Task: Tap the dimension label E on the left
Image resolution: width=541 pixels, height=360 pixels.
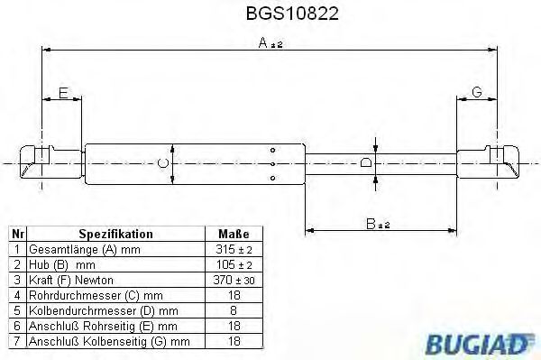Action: pyautogui.click(x=62, y=92)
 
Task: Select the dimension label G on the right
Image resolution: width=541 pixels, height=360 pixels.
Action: pyautogui.click(x=477, y=92)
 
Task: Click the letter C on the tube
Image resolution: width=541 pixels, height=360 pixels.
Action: pyautogui.click(x=161, y=162)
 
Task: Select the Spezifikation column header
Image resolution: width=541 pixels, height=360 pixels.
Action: pyautogui.click(x=116, y=233)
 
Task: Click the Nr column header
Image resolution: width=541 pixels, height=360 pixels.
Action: pyautogui.click(x=16, y=233)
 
